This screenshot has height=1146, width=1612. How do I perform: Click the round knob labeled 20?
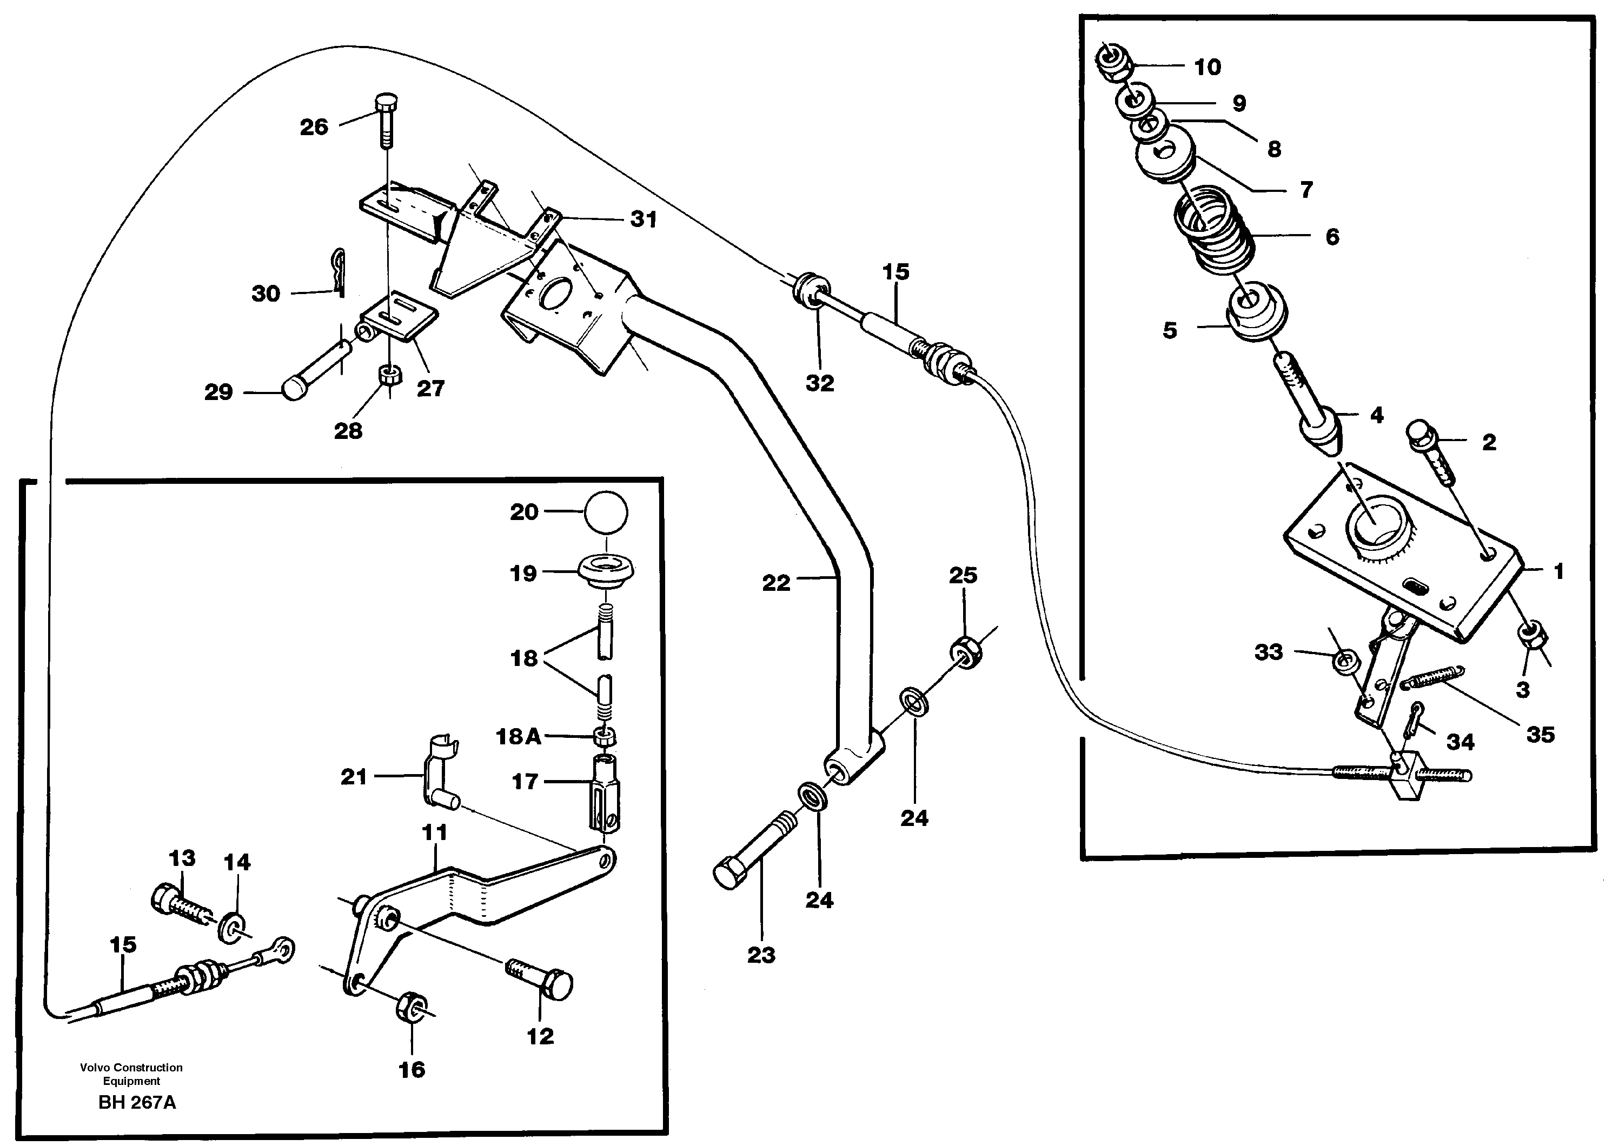pos(606,512)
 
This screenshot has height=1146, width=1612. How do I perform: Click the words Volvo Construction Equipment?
pos(131,1074)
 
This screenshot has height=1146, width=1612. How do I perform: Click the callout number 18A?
pos(518,737)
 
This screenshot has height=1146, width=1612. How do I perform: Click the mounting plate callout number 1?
pos(1559,571)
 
